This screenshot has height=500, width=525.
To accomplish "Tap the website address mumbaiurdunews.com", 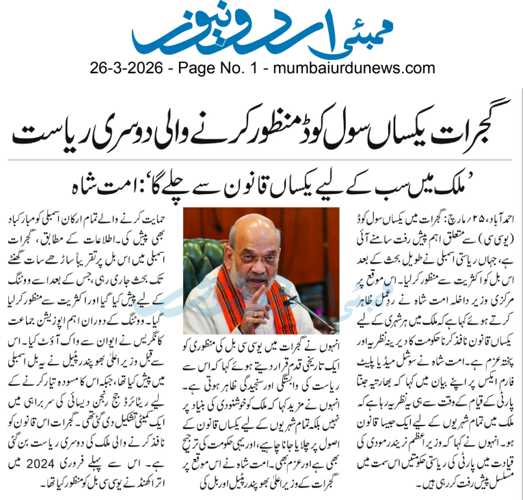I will (x=353, y=68).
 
